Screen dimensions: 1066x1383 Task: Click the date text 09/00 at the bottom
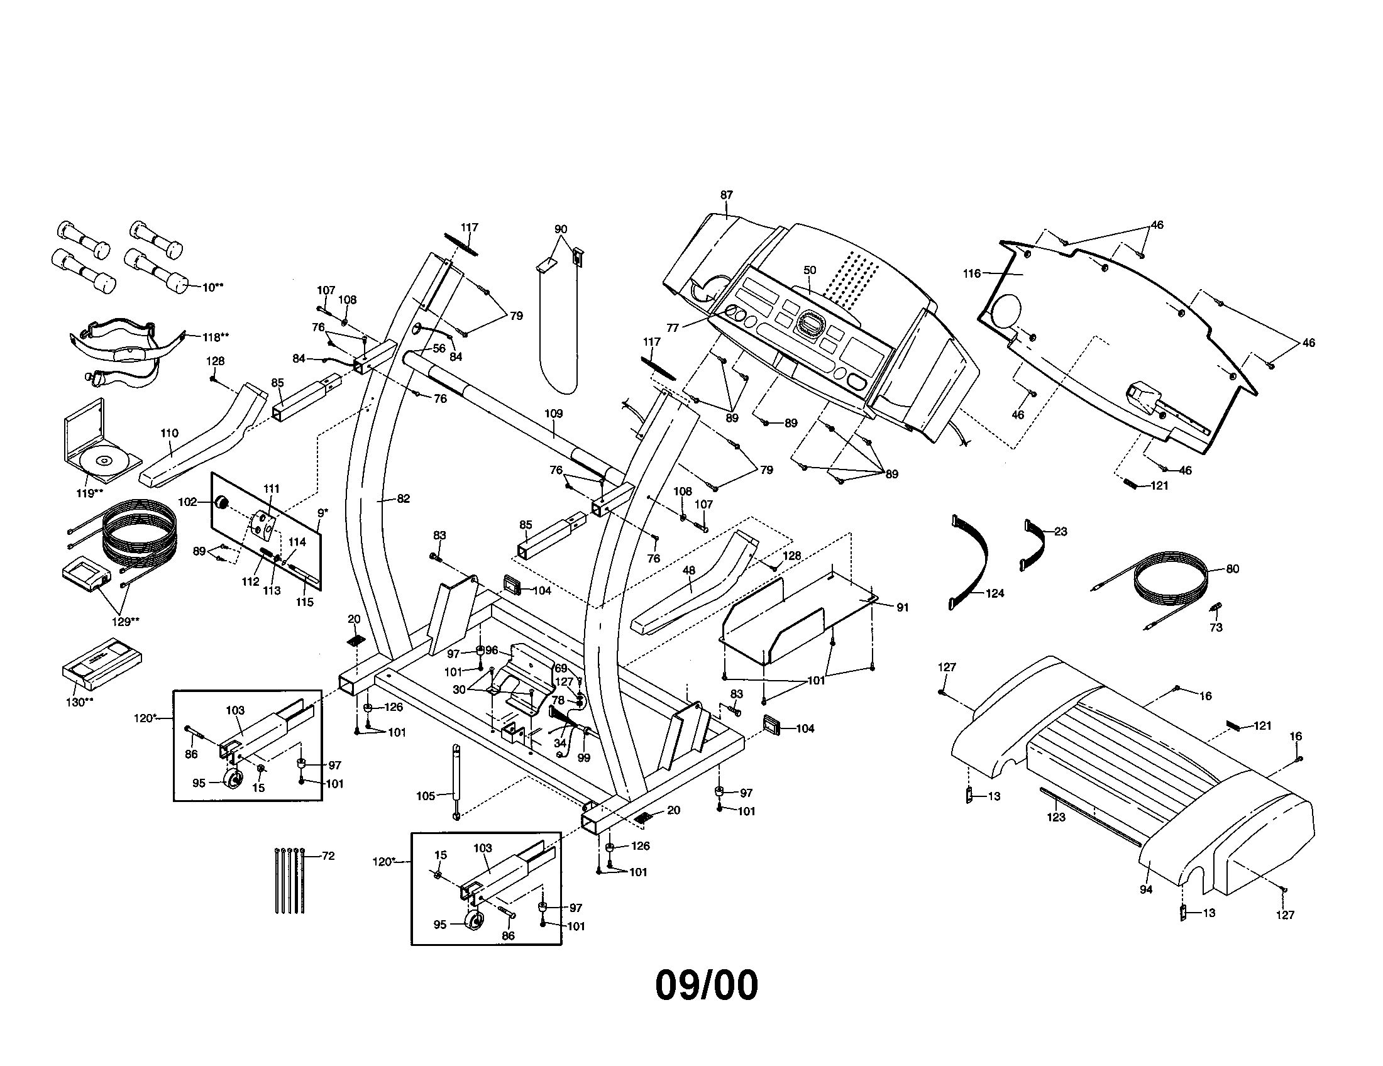point(706,985)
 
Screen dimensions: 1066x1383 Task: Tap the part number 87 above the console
point(726,195)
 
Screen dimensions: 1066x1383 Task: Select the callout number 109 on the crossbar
point(553,414)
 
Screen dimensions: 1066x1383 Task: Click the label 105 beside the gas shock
point(426,796)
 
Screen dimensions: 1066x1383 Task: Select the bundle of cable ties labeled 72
point(290,880)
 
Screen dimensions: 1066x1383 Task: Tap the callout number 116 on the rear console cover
point(971,273)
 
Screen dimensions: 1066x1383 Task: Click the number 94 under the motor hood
point(1146,889)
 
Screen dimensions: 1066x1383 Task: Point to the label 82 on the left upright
point(404,498)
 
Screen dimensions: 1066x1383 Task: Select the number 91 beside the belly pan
point(902,607)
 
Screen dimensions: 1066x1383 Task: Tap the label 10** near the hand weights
point(212,287)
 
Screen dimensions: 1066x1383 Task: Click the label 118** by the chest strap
point(215,337)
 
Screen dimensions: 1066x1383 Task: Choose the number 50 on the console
point(810,270)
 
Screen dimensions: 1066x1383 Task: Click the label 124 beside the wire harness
point(995,593)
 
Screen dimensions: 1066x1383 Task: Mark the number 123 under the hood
point(1055,817)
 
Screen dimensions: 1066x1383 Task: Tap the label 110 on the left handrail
point(169,433)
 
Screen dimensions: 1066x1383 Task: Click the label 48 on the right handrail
point(689,570)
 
